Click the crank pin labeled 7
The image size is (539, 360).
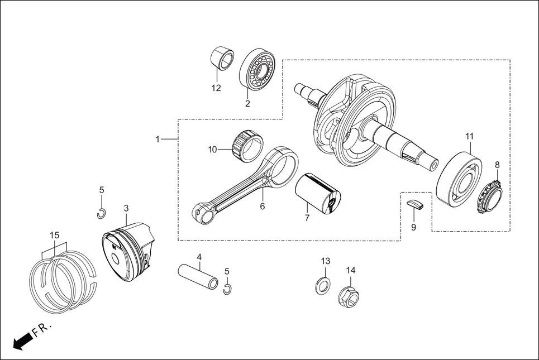(x=317, y=193)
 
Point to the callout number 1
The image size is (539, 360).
(x=158, y=139)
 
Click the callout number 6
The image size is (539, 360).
(x=262, y=207)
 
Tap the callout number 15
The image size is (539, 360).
(x=54, y=235)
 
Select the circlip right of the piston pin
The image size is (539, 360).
(x=227, y=289)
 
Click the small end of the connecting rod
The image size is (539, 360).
(x=202, y=214)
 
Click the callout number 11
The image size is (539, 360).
(x=469, y=136)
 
